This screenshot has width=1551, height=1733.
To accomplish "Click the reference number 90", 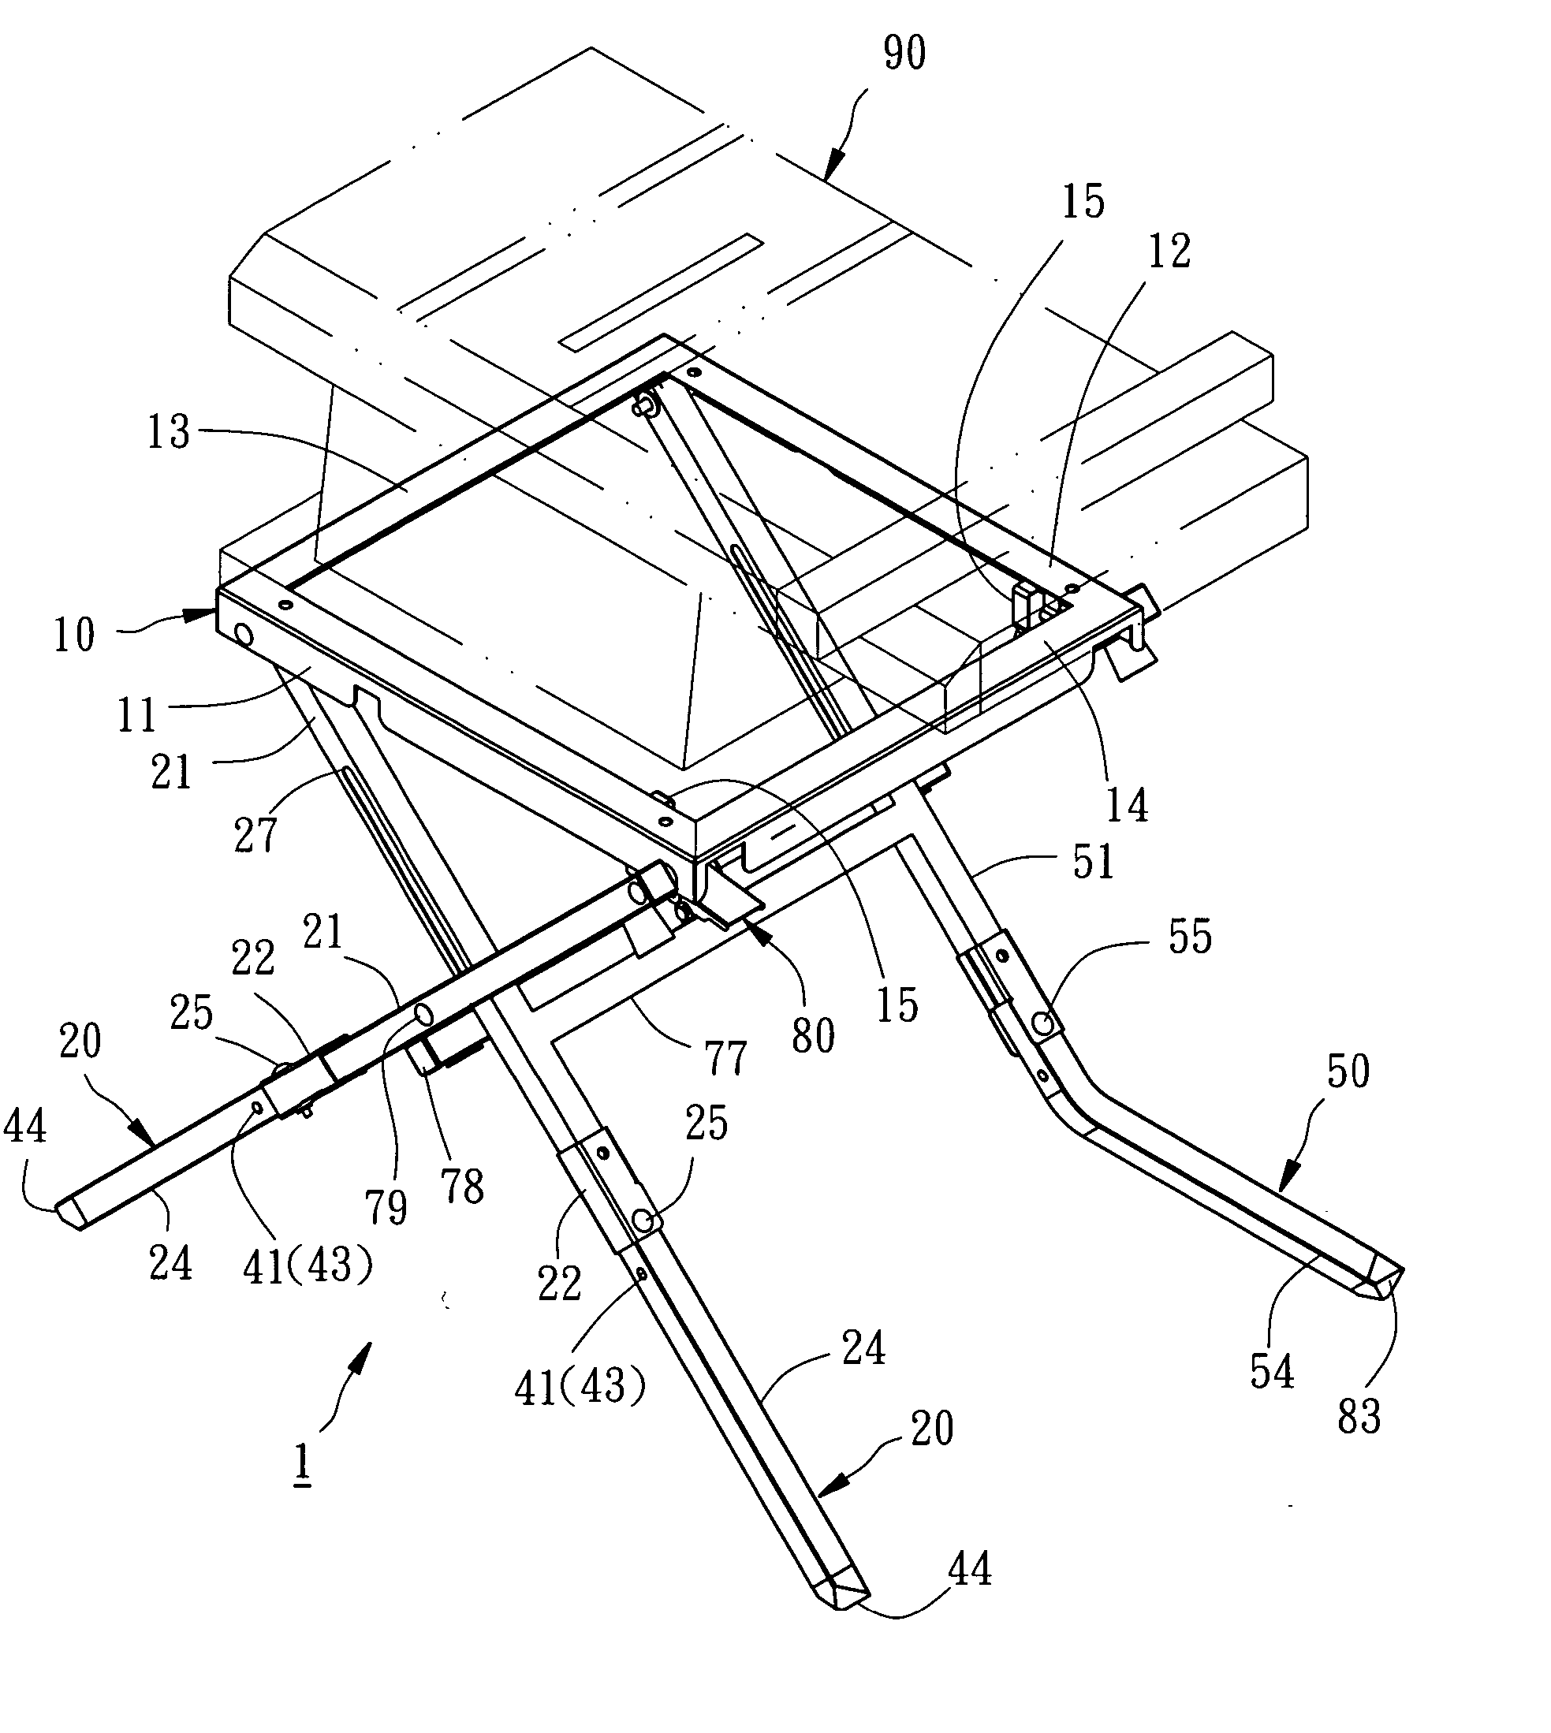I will click(904, 53).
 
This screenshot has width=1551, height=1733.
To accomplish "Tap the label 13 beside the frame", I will click(169, 432).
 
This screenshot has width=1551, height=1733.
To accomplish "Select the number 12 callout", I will click(1169, 252).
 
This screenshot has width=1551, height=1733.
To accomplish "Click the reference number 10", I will click(74, 635).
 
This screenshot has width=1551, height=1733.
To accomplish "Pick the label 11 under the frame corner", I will click(137, 714).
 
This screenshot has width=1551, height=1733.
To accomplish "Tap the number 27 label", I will click(255, 833).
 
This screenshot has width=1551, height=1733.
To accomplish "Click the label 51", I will click(1093, 862).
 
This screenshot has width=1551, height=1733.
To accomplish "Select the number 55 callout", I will click(1190, 937).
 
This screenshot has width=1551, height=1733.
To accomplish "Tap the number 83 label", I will click(1359, 1416).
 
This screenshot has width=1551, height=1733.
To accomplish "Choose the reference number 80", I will click(812, 1036).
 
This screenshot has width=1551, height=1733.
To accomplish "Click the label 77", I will click(725, 1057).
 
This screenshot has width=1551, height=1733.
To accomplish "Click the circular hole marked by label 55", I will click(1044, 1023).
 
